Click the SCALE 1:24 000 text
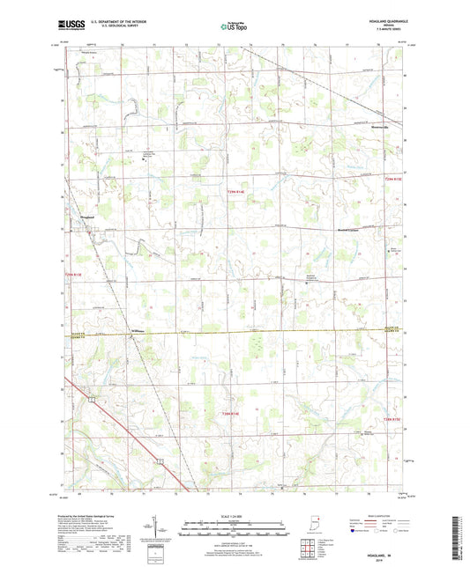(234, 517)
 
